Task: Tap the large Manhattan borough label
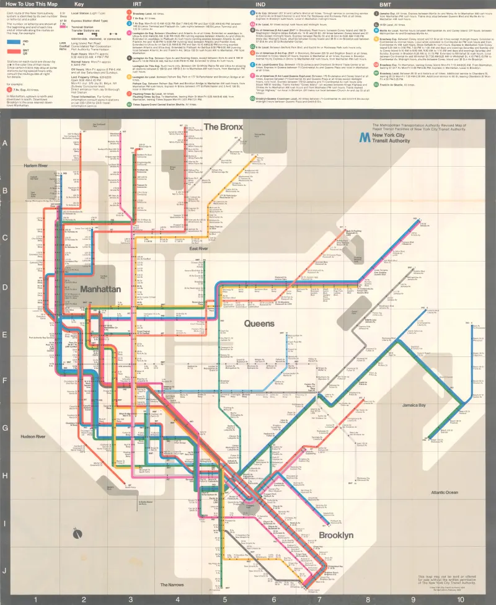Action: (x=100, y=289)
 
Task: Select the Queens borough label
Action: (x=259, y=324)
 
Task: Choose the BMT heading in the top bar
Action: (x=385, y=4)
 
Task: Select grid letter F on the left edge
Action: (x=6, y=383)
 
